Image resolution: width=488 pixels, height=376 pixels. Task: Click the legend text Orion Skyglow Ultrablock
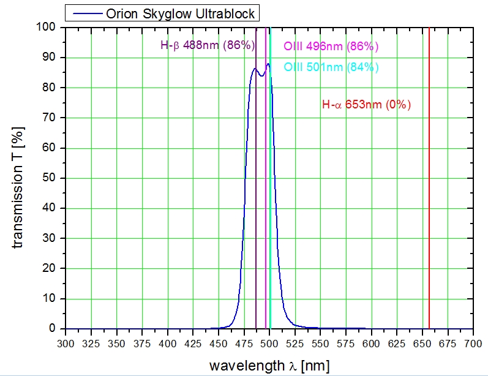[181, 13]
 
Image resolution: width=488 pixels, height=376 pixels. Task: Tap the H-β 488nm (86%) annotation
[208, 45]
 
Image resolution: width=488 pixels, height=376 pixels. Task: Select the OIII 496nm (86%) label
[331, 46]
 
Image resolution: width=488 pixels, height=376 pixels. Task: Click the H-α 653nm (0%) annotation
[366, 105]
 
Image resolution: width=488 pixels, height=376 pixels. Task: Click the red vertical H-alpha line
[429, 184]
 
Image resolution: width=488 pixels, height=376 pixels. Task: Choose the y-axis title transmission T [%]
[19, 178]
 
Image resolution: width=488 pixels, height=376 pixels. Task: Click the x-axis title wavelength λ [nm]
[269, 366]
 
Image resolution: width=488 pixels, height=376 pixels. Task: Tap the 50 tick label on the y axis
[51, 178]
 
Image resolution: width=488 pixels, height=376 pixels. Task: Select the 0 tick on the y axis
[54, 329]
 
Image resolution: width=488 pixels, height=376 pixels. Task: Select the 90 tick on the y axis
[51, 58]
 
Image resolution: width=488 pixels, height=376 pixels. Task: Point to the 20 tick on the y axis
[51, 268]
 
